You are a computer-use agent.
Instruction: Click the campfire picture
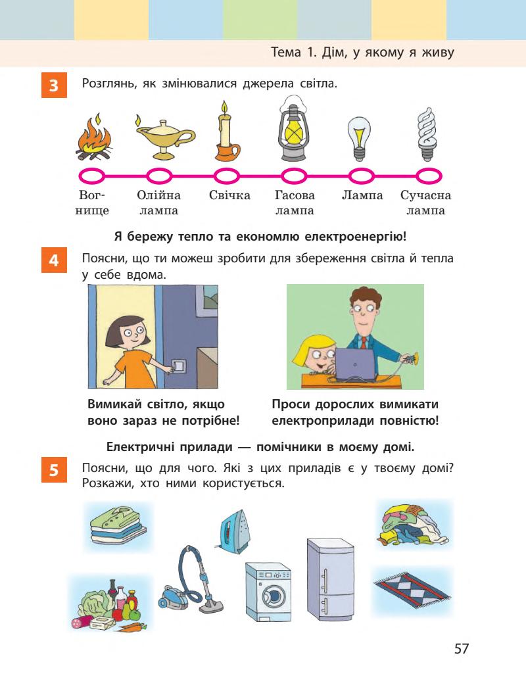click(x=93, y=139)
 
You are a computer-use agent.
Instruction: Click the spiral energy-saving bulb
click(x=427, y=134)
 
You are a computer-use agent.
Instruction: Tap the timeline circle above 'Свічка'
click(x=226, y=176)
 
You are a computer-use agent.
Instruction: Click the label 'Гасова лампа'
click(x=294, y=203)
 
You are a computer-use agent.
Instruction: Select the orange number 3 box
click(x=53, y=86)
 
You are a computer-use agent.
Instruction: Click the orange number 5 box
click(x=53, y=471)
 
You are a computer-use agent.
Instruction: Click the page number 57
click(x=462, y=648)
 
